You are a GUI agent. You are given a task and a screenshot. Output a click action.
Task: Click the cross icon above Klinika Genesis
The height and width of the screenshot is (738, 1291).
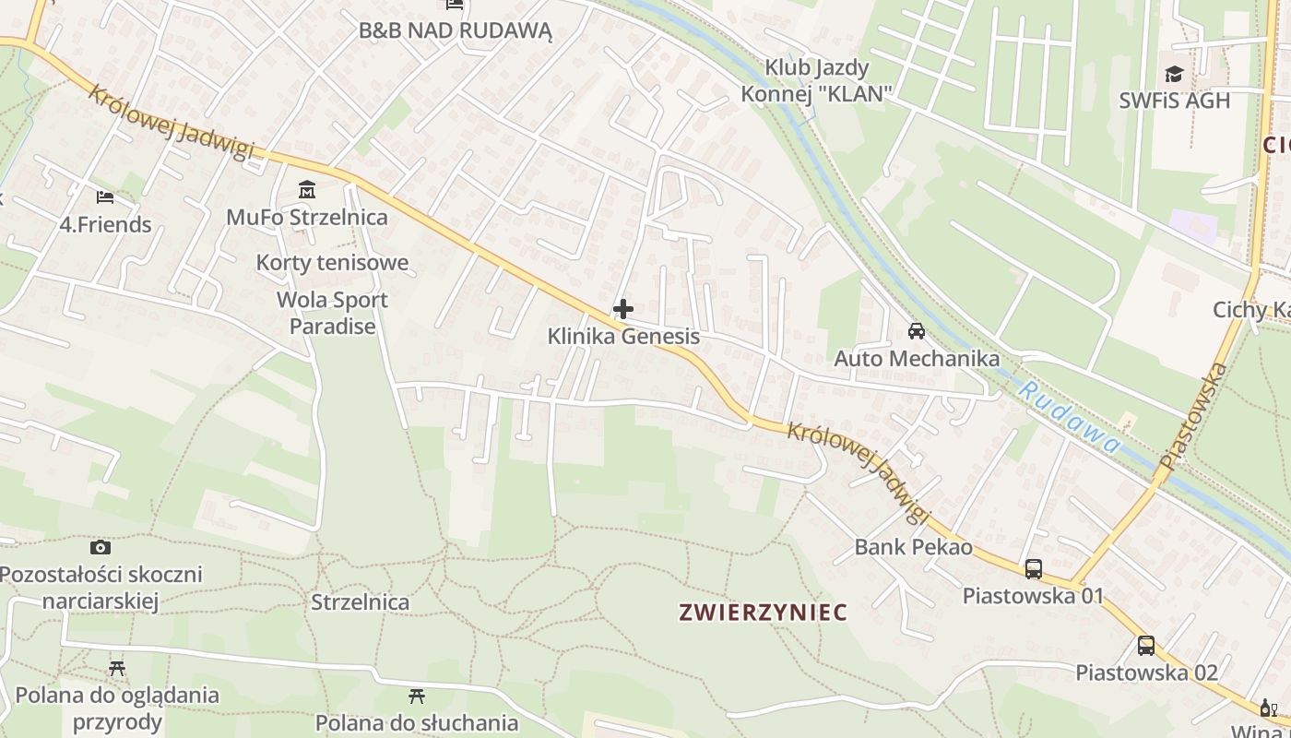623,309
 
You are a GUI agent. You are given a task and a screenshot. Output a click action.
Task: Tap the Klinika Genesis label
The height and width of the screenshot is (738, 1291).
623,337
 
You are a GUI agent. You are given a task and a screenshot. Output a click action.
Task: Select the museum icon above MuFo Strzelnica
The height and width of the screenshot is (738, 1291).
307,191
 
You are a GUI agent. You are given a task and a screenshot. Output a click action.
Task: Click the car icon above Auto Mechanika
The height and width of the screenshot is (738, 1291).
917,331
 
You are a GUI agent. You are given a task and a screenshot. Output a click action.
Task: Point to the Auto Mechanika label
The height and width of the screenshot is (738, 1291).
917,358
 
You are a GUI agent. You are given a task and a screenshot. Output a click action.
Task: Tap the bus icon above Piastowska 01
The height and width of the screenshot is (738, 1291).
1033,568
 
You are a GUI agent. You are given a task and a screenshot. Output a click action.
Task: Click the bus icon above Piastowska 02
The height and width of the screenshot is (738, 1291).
1146,646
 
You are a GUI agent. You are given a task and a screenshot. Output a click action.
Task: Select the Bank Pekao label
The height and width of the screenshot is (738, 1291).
913,547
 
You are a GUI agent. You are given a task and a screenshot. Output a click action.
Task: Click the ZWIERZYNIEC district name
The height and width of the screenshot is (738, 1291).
763,612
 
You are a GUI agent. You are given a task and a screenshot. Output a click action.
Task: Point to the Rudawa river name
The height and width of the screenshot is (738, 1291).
1070,417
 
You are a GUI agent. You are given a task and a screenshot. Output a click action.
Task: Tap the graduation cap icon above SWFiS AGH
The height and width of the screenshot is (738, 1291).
1174,75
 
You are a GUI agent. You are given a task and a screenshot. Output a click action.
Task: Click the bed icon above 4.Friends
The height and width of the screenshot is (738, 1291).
105,196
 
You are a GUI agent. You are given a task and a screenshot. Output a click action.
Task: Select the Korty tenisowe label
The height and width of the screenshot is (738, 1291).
332,263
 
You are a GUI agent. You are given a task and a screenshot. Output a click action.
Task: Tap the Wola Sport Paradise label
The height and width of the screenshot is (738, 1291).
332,313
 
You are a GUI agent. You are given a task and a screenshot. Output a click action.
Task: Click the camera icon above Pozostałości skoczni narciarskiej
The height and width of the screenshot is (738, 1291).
101,548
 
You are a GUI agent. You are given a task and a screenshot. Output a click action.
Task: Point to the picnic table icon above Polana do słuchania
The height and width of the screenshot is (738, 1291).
417,696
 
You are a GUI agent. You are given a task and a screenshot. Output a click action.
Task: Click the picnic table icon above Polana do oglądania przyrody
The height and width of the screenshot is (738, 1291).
117,668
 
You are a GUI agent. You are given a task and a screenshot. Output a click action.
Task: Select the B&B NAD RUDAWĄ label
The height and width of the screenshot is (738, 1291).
455,30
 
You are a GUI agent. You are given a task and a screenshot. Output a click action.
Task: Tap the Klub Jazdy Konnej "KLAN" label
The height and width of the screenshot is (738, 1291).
817,80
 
